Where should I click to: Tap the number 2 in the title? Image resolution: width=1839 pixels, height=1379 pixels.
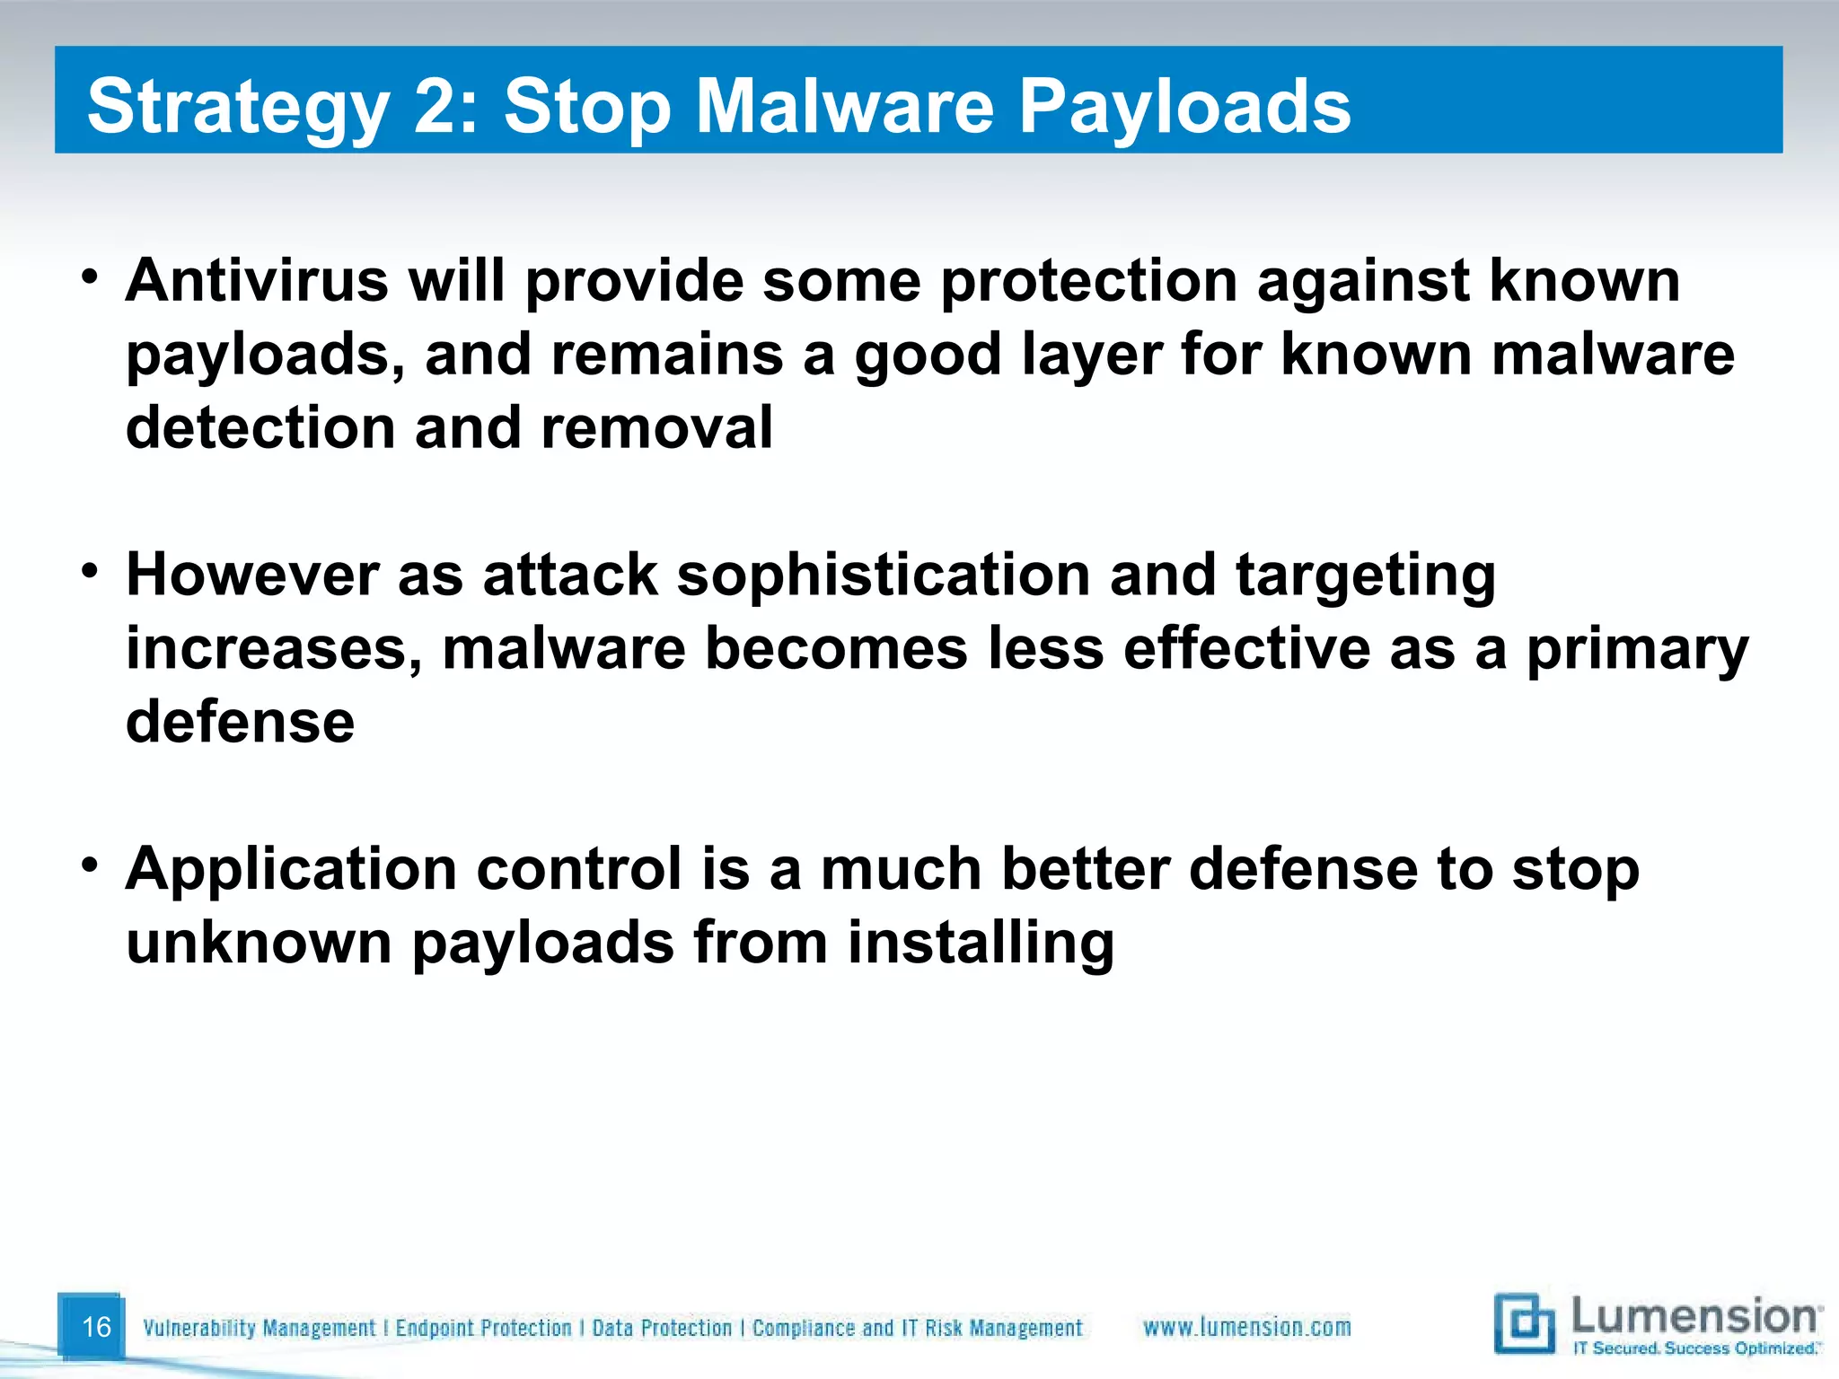[x=435, y=106]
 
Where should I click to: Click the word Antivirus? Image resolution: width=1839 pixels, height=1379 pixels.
[x=257, y=280]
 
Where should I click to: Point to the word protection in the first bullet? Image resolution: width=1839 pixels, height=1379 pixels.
[x=1088, y=282]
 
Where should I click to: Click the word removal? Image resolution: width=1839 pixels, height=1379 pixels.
[x=656, y=427]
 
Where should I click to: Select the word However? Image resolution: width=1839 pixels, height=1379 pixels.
[x=251, y=575]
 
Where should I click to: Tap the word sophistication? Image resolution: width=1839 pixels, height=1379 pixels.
[x=883, y=576]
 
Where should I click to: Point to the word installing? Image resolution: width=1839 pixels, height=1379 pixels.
[x=981, y=944]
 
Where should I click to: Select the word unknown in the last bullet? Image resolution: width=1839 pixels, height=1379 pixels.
[x=259, y=943]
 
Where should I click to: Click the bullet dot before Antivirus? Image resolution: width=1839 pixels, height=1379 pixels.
[x=88, y=276]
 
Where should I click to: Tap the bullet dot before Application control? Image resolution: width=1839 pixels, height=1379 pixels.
[x=88, y=865]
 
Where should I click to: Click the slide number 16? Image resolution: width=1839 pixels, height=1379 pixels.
[x=96, y=1326]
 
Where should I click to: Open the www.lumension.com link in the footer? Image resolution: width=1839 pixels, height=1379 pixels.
[x=1246, y=1327]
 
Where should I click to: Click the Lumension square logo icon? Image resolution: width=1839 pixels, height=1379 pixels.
[x=1523, y=1322]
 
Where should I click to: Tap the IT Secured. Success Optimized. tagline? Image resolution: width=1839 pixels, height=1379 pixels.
[x=1696, y=1348]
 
